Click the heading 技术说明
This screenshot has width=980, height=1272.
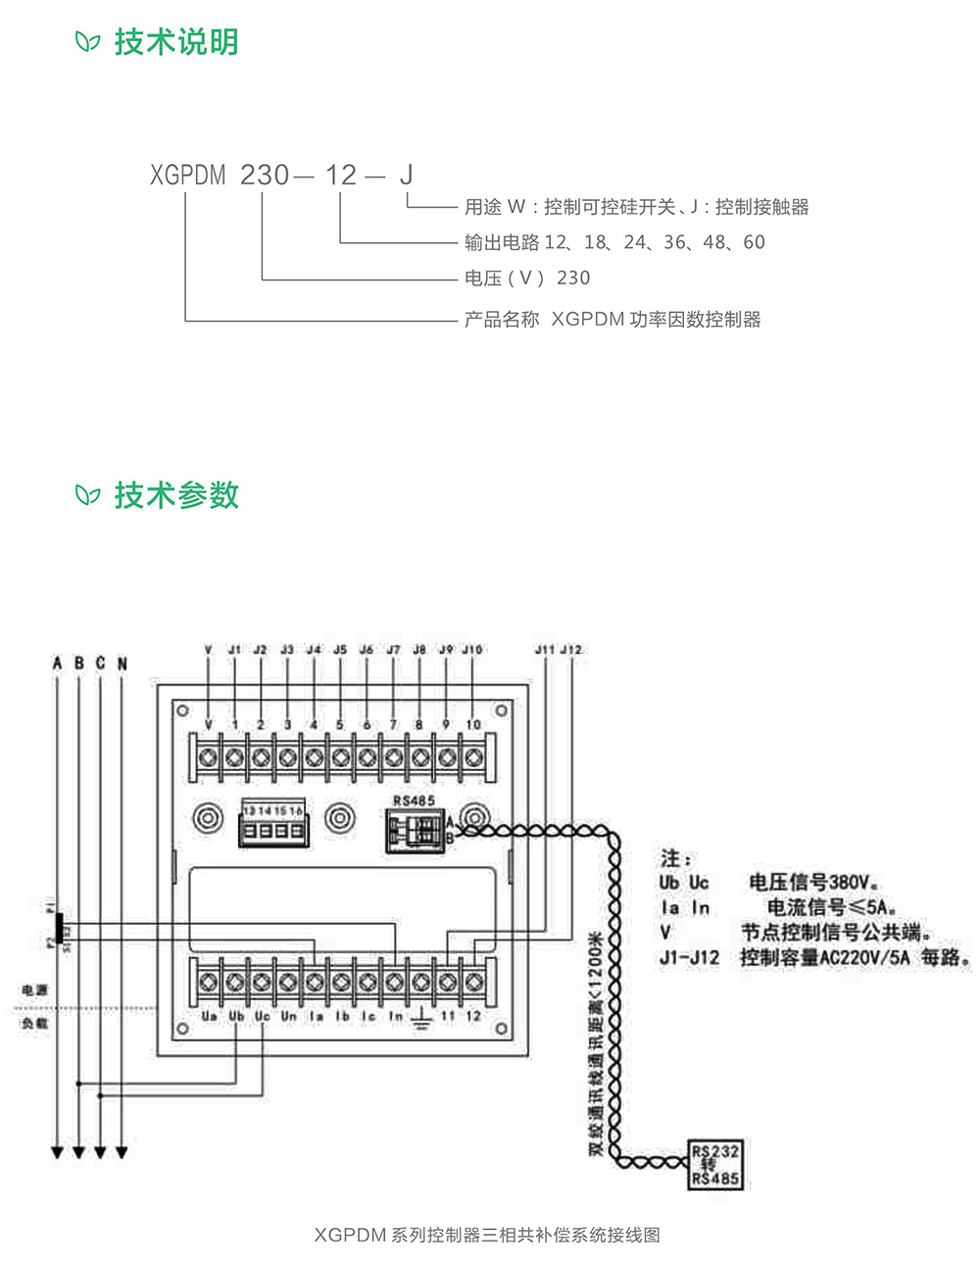(176, 42)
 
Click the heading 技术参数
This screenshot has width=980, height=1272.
(176, 495)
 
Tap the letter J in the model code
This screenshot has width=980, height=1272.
(406, 176)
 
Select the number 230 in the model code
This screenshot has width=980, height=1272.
(265, 176)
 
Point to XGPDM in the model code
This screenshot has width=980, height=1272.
(188, 176)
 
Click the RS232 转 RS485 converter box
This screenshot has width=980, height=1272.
(715, 1165)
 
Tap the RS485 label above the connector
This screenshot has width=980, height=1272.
(414, 801)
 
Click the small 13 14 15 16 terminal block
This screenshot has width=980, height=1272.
(273, 824)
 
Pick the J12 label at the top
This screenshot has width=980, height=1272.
(571, 649)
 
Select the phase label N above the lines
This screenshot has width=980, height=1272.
(122, 664)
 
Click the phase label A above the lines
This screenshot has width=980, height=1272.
(57, 664)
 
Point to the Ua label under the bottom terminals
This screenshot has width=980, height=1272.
(209, 1017)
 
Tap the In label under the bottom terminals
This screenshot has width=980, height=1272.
(395, 1017)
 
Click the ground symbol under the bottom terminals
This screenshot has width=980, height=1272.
(420, 1020)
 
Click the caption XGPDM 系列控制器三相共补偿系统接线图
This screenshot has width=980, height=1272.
(487, 1235)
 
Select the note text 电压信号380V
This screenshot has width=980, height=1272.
(813, 882)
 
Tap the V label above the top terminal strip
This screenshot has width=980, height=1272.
(208, 649)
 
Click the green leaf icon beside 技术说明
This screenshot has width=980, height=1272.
(88, 42)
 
